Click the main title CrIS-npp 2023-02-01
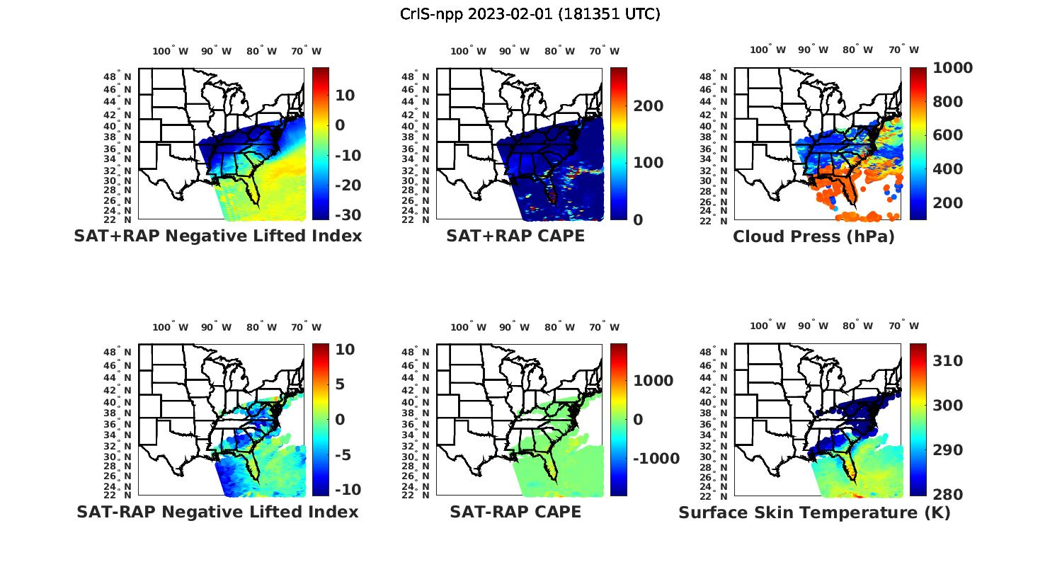[530, 14]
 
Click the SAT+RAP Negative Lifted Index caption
[217, 236]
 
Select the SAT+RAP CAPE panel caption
[515, 236]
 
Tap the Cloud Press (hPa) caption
[813, 236]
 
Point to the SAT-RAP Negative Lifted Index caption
[217, 512]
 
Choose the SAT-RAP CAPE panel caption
[515, 512]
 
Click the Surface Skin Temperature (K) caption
[814, 513]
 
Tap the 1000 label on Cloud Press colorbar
[952, 68]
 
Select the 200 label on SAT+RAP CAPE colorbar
[648, 106]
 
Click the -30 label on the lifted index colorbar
[347, 215]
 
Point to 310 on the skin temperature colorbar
[947, 361]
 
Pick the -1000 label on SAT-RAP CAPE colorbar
[656, 459]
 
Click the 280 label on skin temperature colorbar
[947, 494]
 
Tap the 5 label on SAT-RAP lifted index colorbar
[340, 384]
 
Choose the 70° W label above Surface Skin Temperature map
[903, 326]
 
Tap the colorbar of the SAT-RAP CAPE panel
[618, 419]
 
